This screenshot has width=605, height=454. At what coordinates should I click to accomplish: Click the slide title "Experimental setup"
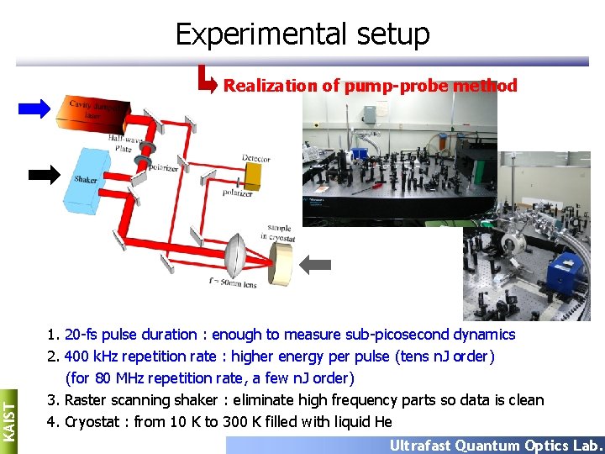pos(302,34)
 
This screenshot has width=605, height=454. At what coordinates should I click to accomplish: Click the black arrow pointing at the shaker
pos(45,174)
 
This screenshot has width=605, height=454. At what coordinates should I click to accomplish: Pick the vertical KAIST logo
pos(8,417)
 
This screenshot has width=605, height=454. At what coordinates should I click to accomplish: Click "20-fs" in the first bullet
pos(84,335)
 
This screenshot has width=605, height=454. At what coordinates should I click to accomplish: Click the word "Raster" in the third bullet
pos(86,400)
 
